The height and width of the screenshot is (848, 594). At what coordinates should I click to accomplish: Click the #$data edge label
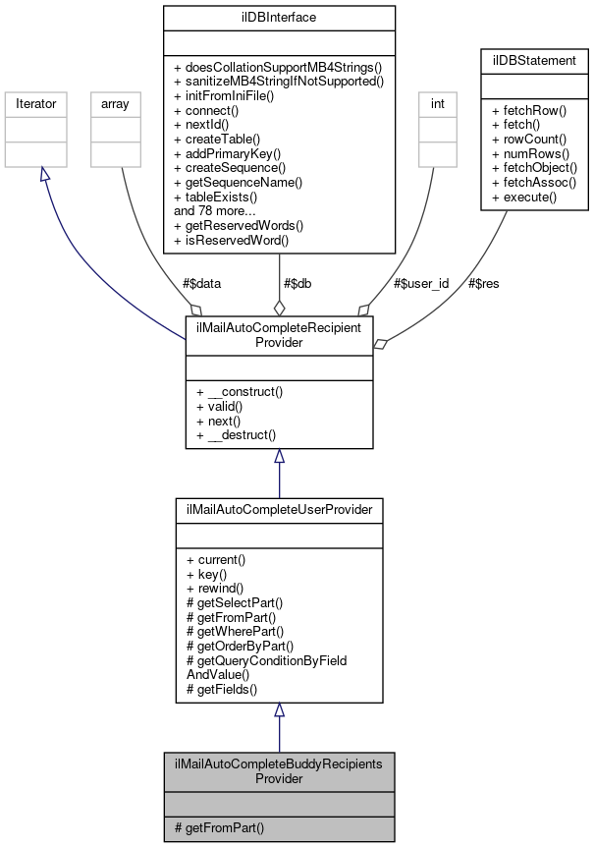(201, 283)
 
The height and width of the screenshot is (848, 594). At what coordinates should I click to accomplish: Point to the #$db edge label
(298, 283)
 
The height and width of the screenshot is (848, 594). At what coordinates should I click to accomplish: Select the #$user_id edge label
(420, 283)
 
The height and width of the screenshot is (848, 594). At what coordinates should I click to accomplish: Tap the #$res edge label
(483, 283)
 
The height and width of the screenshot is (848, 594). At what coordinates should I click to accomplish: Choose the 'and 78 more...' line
(214, 211)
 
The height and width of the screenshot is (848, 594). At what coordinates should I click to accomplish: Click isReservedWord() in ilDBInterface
(231, 240)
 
